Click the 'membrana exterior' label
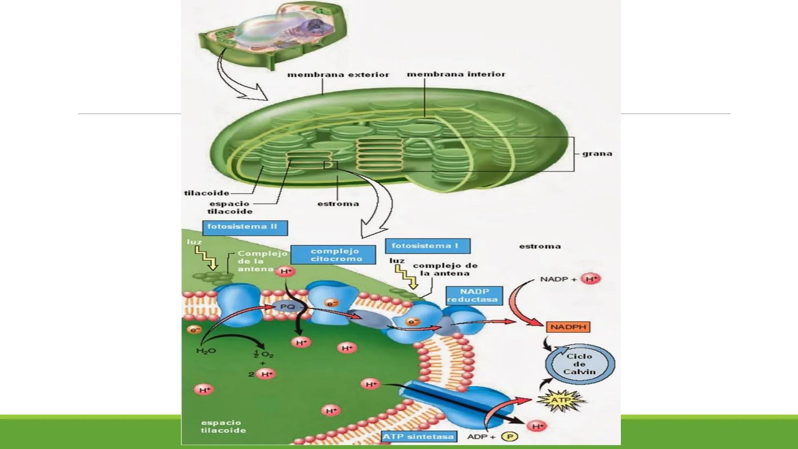coord(338,75)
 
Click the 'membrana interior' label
coord(456,74)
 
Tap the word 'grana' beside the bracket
coord(597,153)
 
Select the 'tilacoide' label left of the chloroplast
coord(207,193)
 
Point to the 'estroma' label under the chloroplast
coord(338,204)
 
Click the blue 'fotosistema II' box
coord(245,227)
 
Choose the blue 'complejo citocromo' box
coord(333,254)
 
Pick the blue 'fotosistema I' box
coord(427,246)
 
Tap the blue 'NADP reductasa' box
coord(474,295)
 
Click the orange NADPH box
coord(568,327)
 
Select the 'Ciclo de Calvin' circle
coord(580,364)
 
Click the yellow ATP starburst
coord(561,400)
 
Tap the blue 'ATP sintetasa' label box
coord(418,437)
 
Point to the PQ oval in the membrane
coord(287,307)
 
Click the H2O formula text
coord(206,351)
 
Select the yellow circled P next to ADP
coord(509,437)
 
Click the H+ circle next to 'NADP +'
coord(591,279)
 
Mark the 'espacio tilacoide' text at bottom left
coord(223,427)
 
